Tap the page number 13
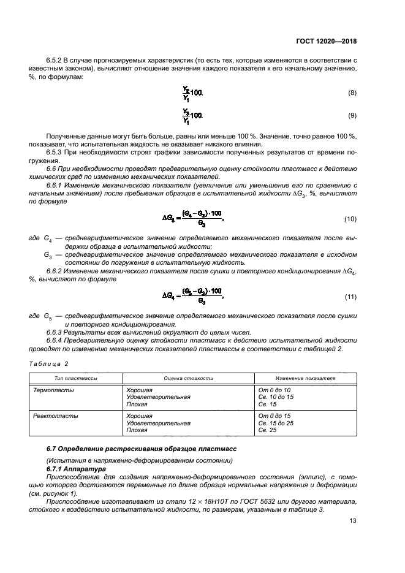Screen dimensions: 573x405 click(x=352, y=521)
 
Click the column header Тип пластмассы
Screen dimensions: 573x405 click(x=76, y=378)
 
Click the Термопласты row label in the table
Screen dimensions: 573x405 click(x=53, y=390)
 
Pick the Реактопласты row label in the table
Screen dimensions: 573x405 click(x=55, y=416)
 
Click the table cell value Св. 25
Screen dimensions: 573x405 click(x=268, y=430)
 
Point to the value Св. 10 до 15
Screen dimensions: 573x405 click(x=276, y=397)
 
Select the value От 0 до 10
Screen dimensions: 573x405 click(x=274, y=390)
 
